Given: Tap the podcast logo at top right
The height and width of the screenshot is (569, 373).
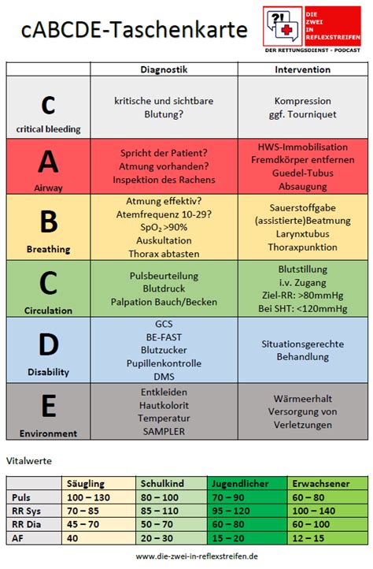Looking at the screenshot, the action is click(313, 28).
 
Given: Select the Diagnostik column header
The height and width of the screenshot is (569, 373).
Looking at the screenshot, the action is click(164, 69).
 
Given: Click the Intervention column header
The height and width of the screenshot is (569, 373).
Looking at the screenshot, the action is click(302, 69).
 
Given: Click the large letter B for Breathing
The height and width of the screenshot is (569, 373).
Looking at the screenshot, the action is click(48, 221).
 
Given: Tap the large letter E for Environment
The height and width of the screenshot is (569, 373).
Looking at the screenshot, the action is click(48, 405).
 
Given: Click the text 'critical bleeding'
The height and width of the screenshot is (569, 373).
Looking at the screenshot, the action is click(48, 128).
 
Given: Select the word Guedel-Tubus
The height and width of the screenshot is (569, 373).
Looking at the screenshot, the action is click(302, 173).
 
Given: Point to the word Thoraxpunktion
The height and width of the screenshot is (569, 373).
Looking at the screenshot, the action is click(302, 247).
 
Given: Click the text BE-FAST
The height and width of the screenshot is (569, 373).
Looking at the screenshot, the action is click(164, 337).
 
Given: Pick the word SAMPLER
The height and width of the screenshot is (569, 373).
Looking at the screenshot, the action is click(164, 431).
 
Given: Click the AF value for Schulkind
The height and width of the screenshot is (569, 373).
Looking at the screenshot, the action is click(171, 538).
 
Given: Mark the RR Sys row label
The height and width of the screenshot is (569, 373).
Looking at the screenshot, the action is click(28, 511).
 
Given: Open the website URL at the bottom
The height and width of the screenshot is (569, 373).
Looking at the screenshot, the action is click(186, 556).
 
